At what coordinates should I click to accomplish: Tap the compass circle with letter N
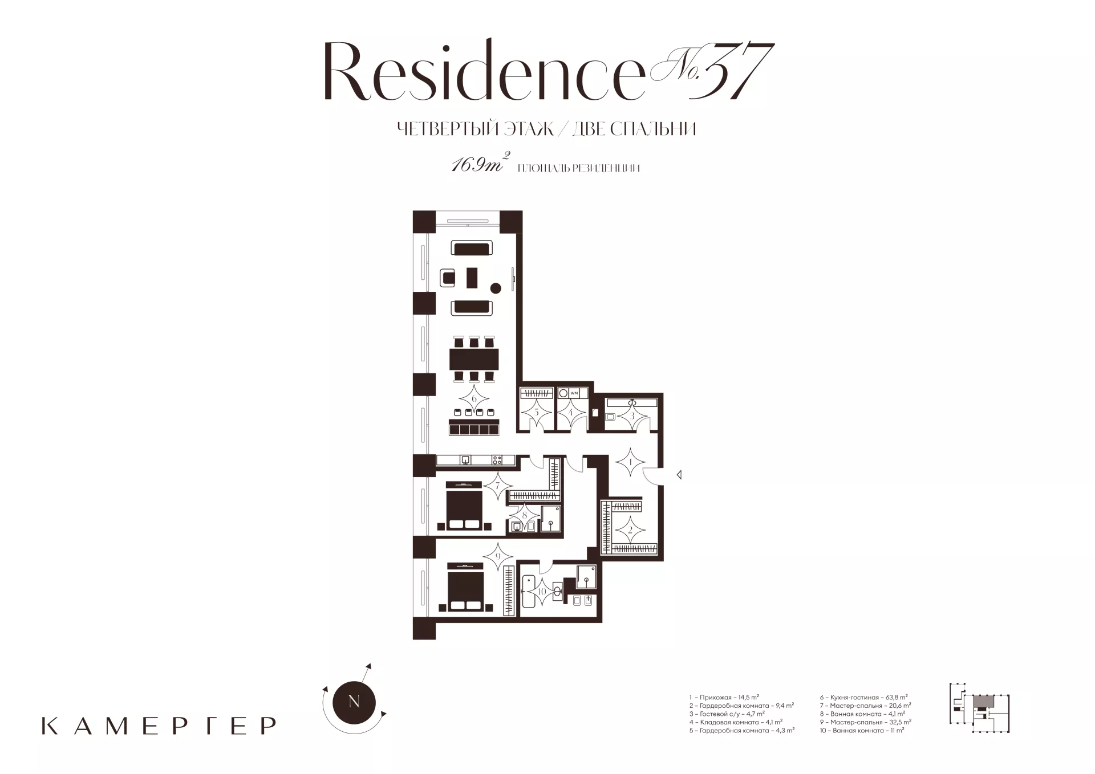coord(354,702)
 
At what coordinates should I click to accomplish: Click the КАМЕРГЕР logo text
coord(159,726)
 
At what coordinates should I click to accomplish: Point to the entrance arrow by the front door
coord(679,474)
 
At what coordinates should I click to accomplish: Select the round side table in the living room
coord(496,288)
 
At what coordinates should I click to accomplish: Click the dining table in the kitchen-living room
coord(474,359)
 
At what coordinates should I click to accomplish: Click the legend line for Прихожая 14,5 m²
coord(724,697)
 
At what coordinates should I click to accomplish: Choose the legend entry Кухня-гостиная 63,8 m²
coord(863,697)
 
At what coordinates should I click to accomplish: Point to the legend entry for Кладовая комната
coord(735,722)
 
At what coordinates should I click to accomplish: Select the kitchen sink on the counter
coord(466,459)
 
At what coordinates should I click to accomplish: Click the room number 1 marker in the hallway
coord(630,463)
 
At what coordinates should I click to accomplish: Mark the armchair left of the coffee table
coord(448,278)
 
